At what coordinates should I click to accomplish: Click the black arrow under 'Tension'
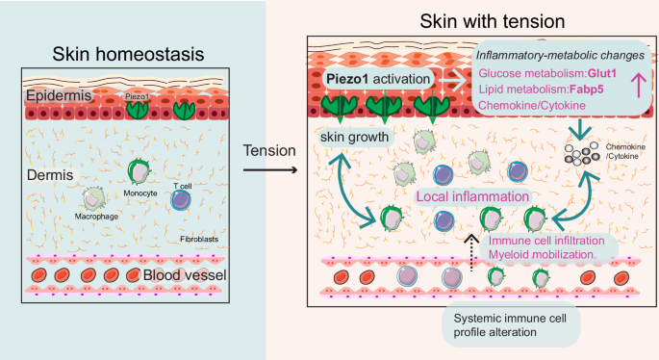[x=269, y=172]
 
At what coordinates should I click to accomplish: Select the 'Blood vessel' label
[x=184, y=277]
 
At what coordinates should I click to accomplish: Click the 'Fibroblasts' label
[x=198, y=238]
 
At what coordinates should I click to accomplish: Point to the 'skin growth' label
[x=356, y=138]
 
